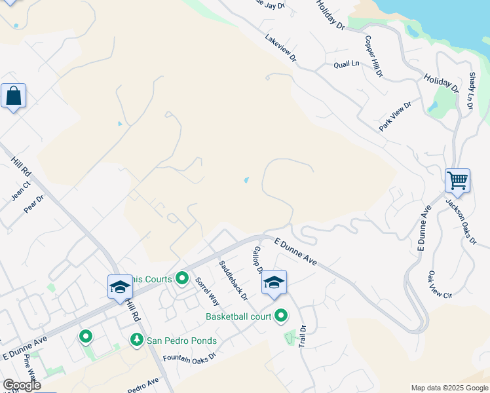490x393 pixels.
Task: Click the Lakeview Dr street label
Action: coord(281,48)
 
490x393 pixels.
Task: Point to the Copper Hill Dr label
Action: coord(373,56)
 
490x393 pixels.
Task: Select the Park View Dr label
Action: coord(395,117)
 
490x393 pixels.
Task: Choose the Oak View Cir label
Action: coord(440,285)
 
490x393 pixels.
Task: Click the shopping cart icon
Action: coord(457,179)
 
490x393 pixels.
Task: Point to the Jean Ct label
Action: coord(21,191)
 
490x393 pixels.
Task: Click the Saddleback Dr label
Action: coord(233,280)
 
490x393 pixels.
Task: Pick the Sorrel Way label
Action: coord(206,291)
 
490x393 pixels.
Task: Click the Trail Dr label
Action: coord(303,336)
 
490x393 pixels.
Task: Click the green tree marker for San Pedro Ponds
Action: coord(136,340)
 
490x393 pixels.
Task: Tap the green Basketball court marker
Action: coord(281,316)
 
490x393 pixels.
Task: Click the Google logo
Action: coord(21,385)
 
